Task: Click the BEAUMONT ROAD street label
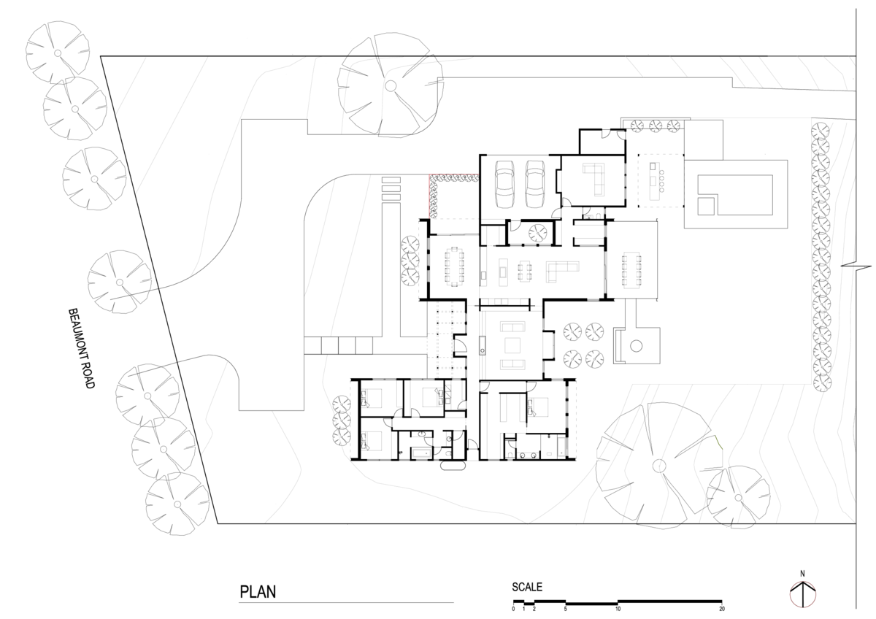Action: (x=81, y=348)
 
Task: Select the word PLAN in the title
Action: (x=258, y=592)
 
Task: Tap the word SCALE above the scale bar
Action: (x=527, y=587)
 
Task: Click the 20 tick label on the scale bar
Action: (x=722, y=609)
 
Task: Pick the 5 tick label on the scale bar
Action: (x=566, y=609)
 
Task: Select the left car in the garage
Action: (x=504, y=184)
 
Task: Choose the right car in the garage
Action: (x=535, y=184)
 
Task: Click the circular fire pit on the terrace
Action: (x=637, y=346)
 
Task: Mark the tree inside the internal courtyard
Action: (x=538, y=233)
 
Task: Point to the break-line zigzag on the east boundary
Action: (x=856, y=266)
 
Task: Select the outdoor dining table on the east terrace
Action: (x=631, y=270)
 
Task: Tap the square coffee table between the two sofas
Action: (x=512, y=346)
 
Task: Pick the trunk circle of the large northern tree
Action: (x=391, y=85)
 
